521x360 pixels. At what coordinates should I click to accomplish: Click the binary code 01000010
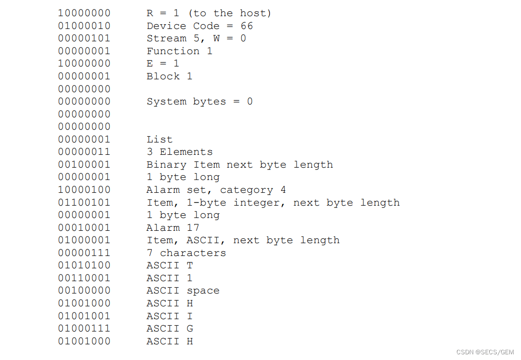[x=84, y=26]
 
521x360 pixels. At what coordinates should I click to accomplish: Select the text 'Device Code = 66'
[x=200, y=26]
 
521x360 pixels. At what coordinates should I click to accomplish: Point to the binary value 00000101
[x=84, y=38]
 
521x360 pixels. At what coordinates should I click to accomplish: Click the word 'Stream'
[x=167, y=38]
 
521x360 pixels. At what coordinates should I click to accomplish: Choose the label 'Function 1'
[x=179, y=51]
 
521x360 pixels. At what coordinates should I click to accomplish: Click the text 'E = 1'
[x=163, y=63]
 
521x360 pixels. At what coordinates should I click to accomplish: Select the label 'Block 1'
[x=169, y=76]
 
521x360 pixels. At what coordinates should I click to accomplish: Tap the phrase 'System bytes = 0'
[x=200, y=102]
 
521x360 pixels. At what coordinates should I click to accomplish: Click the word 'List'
[x=159, y=140]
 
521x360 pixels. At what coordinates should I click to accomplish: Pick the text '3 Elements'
[x=179, y=152]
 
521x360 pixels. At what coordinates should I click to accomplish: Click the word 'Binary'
[x=167, y=165]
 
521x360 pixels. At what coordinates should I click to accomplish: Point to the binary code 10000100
[x=84, y=189]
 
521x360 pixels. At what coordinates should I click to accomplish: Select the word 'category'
[x=246, y=190]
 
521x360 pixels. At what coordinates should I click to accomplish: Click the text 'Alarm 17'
[x=173, y=227]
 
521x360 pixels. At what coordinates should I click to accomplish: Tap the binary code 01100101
[x=84, y=202]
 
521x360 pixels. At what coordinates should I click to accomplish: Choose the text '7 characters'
[x=186, y=253]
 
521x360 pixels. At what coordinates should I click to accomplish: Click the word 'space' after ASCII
[x=203, y=291]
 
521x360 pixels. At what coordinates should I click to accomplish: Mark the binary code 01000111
[x=84, y=328]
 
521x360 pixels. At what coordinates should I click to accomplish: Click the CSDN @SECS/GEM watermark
[x=485, y=352]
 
